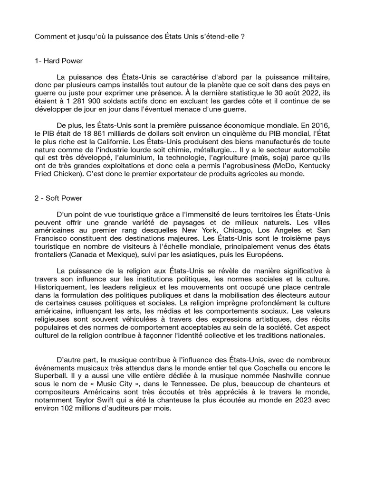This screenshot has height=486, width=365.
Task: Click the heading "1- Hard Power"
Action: point(59,61)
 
